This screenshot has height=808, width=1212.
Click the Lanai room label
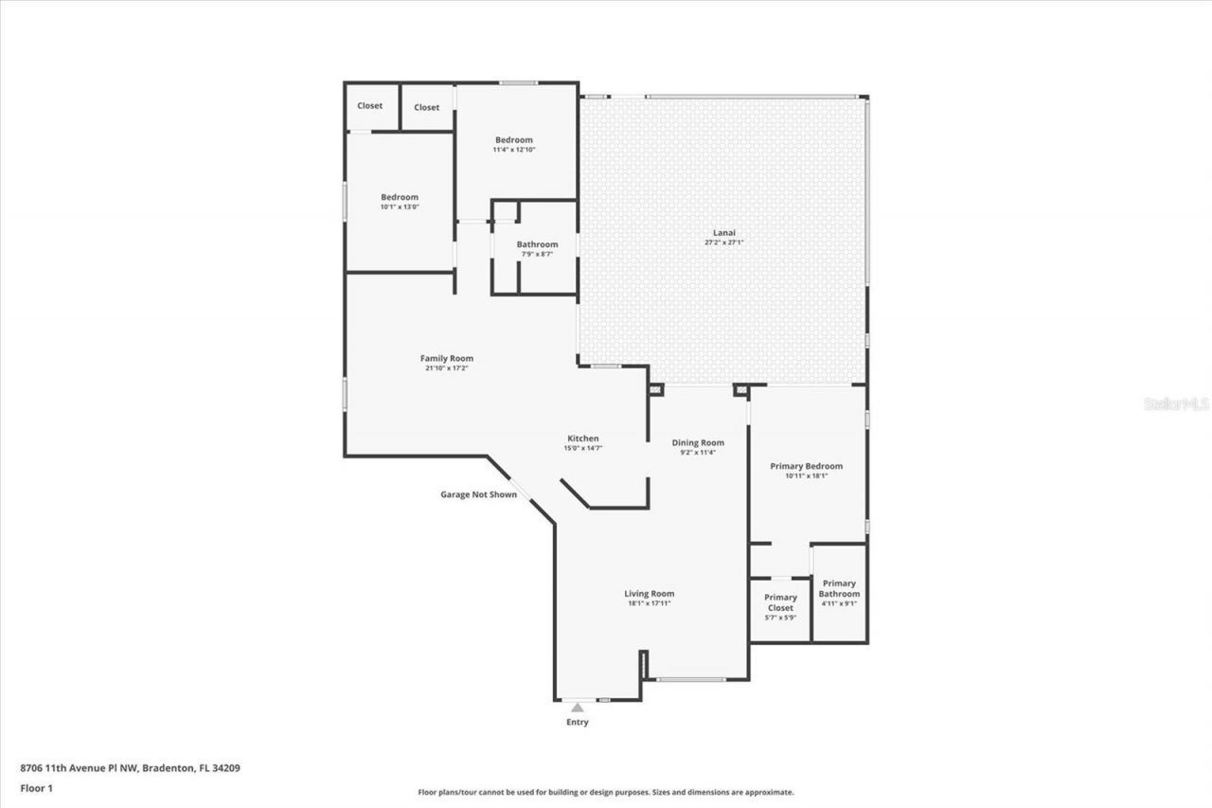click(723, 232)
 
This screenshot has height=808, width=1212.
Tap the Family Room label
click(446, 358)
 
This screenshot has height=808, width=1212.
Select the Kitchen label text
click(582, 439)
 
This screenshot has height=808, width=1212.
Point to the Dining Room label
click(698, 442)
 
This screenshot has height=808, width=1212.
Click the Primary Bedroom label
click(806, 466)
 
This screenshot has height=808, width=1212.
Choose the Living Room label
click(649, 594)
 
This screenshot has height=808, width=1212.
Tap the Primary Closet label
click(780, 602)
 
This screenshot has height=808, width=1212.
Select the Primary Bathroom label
click(839, 588)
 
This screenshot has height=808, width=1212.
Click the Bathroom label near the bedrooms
click(537, 244)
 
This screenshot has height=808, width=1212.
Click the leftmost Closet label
click(369, 105)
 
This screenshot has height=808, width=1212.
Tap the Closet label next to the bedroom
click(426, 107)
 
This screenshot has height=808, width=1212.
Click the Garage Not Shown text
click(478, 494)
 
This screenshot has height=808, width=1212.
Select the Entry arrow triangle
click(578, 706)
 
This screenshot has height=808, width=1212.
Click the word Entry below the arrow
click(578, 722)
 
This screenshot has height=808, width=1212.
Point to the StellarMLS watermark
click(1176, 404)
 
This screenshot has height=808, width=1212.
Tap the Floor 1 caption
click(36, 787)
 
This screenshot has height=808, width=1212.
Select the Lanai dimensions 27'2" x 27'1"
click(723, 242)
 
